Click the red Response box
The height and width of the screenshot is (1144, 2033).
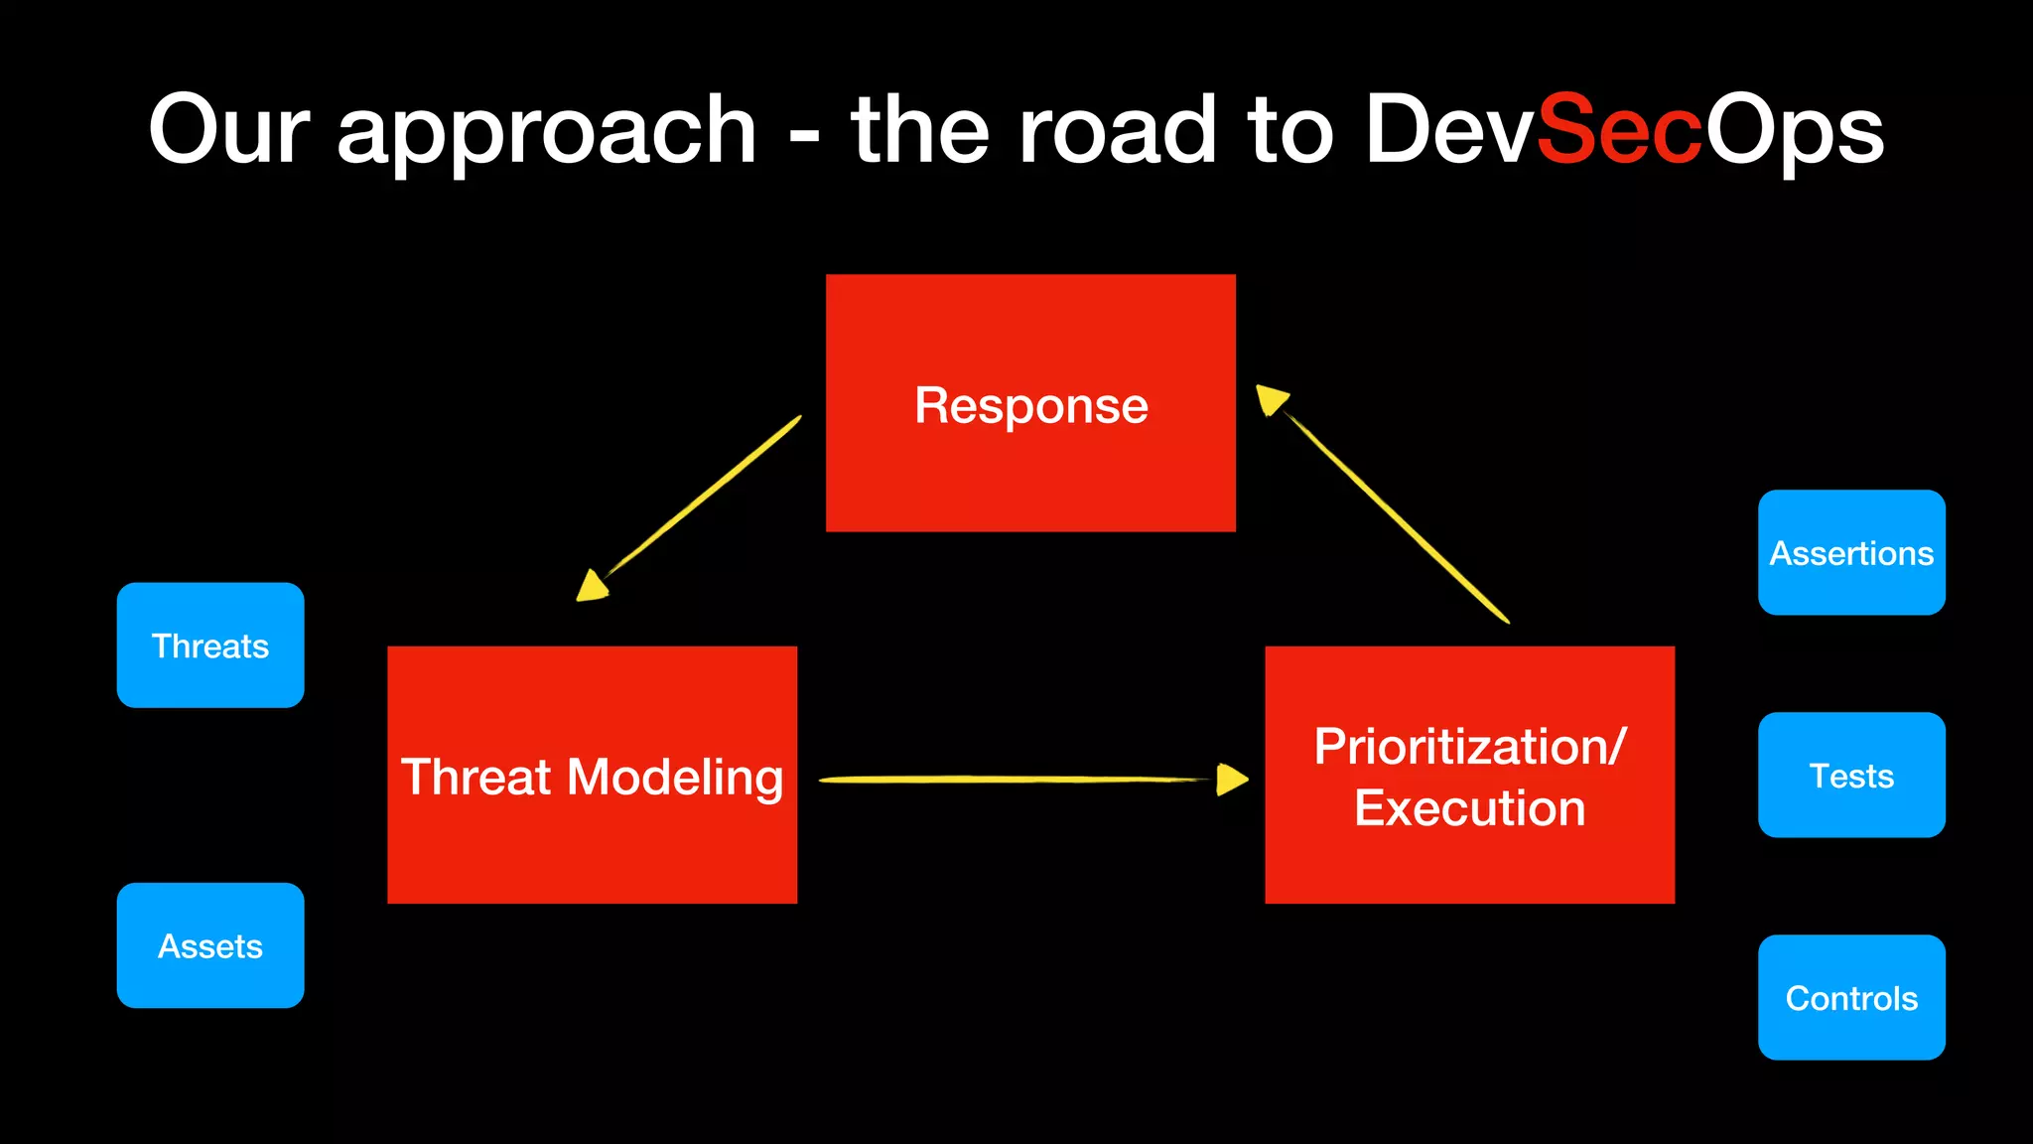(1030, 402)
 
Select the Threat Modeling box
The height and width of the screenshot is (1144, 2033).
(592, 776)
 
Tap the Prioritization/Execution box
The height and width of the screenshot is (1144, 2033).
(1469, 776)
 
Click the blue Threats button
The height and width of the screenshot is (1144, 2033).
(210, 645)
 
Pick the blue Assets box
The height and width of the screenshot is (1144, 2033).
(210, 945)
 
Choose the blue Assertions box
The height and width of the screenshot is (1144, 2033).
(1851, 552)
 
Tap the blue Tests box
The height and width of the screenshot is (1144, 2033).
(1851, 775)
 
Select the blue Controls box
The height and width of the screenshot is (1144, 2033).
(1851, 997)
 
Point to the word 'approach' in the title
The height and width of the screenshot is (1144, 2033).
(547, 134)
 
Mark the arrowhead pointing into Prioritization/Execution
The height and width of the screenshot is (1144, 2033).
(1231, 780)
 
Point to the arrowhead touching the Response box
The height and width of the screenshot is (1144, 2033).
(1271, 399)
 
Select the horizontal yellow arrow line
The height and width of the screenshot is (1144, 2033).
(1013, 780)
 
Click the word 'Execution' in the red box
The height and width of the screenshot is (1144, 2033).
(1469, 807)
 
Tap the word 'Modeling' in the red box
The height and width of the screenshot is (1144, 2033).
(674, 778)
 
